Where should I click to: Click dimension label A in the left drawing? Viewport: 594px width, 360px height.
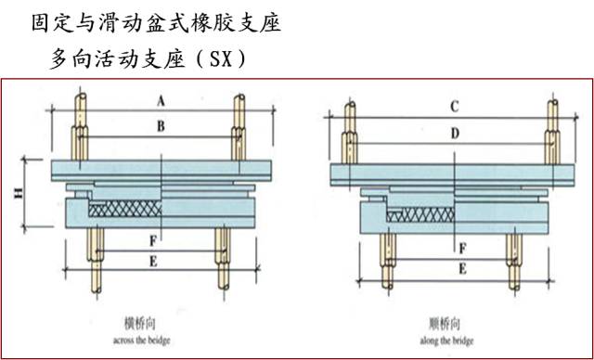pyautogui.click(x=161, y=98)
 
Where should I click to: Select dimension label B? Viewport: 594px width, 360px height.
pyautogui.click(x=161, y=126)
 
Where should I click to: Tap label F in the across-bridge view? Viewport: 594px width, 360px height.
pyautogui.click(x=150, y=240)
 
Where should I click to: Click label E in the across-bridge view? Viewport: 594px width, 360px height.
pyautogui.click(x=151, y=263)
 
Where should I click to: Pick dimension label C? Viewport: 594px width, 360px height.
pyautogui.click(x=454, y=107)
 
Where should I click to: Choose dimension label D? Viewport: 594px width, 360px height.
pyautogui.click(x=454, y=134)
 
